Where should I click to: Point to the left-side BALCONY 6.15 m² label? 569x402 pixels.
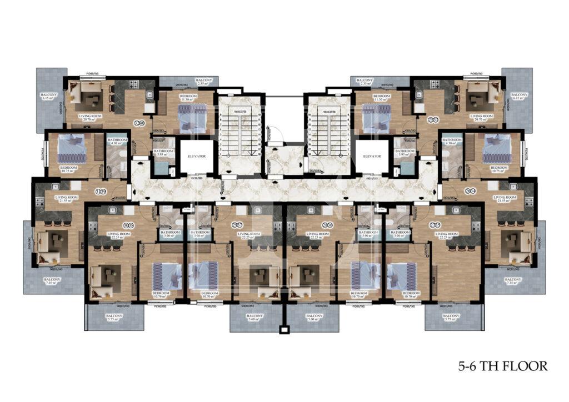tap(49, 97)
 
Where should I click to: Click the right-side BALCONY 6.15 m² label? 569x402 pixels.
tap(519, 97)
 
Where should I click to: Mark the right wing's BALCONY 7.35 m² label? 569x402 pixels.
tap(512, 281)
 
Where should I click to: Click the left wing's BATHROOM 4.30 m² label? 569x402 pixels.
tap(117, 142)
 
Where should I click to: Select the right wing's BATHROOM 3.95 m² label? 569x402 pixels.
tap(405, 153)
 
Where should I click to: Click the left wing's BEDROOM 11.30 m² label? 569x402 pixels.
tap(188, 98)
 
